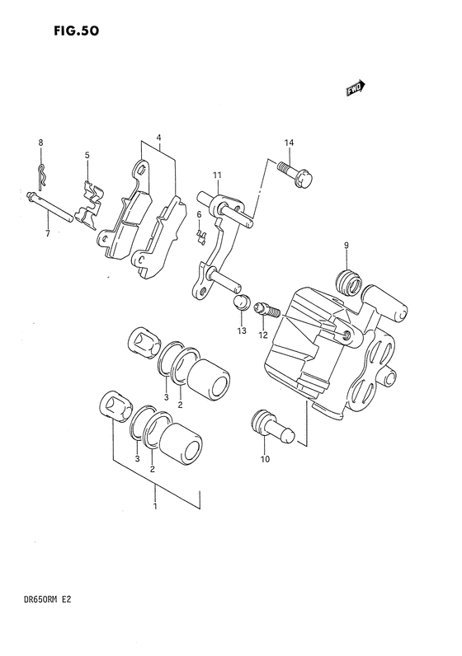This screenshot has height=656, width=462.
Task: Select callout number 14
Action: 289,143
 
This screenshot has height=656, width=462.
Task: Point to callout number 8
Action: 40,143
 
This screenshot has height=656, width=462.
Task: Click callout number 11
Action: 216,175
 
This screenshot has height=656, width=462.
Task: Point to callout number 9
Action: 346,246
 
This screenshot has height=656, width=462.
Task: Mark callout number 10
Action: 265,459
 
